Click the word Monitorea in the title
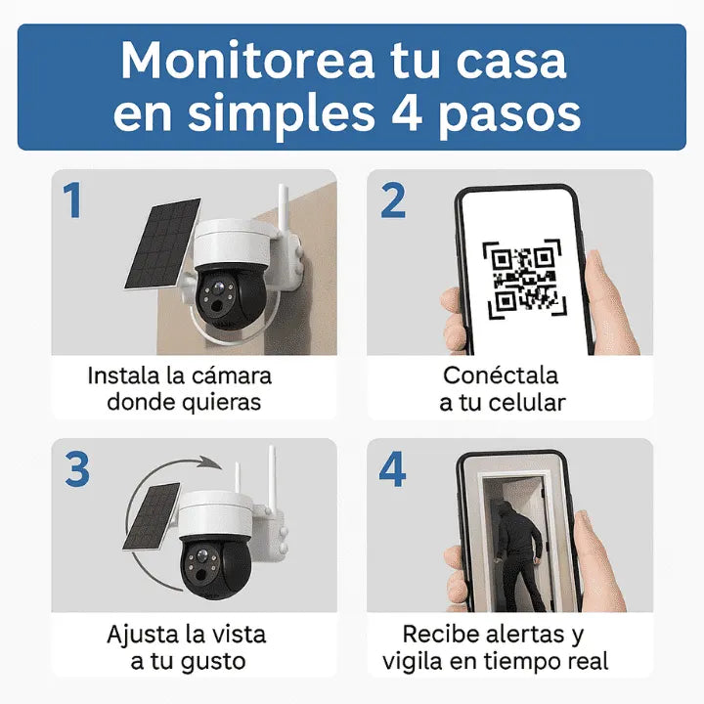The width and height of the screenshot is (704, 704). coord(245,61)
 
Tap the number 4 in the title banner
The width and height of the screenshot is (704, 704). coord(403,113)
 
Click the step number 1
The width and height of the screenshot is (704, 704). coord(73,201)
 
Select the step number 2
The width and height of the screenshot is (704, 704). coord(392,201)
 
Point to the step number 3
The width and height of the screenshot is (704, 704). coord(76,469)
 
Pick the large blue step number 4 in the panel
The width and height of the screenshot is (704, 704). coord(392,469)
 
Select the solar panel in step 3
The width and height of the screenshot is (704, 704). coord(154,515)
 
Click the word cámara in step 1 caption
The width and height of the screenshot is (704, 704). coord(229,376)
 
